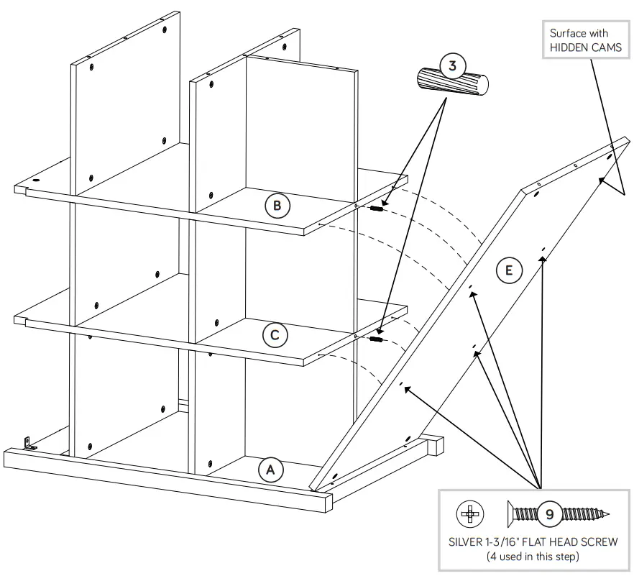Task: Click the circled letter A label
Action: (271, 470)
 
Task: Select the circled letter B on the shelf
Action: (277, 206)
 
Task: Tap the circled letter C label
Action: (275, 335)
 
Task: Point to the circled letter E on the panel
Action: (509, 270)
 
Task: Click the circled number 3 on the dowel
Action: (452, 66)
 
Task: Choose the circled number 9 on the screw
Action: (549, 514)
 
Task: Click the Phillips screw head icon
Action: (470, 514)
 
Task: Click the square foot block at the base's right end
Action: (435, 446)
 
